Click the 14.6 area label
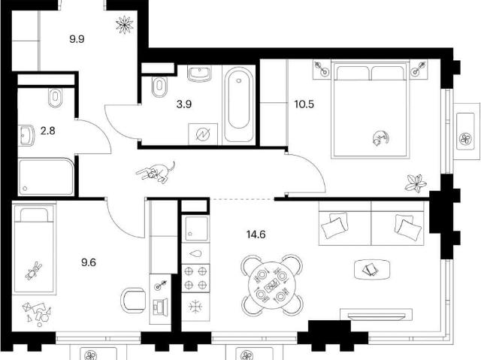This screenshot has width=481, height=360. tap(256, 235)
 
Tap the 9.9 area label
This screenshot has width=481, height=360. tap(77, 39)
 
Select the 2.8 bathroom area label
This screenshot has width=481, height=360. tap(48, 131)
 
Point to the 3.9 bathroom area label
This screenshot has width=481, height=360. tap(184, 104)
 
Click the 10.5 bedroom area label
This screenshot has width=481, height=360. tap(304, 104)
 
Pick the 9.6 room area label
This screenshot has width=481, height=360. tap(89, 262)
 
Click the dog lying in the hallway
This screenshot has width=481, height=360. tap(156, 172)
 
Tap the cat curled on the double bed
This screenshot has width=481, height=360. tap(380, 138)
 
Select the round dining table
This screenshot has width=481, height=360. tap(271, 285)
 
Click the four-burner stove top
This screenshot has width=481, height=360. tap(195, 278)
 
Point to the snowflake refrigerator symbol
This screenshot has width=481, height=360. tap(195, 307)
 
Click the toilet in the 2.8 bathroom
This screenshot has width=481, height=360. tap(55, 98)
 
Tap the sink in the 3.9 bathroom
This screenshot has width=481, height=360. tap(200, 74)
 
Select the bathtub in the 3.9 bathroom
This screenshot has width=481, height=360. tap(239, 104)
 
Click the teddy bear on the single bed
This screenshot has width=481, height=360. tap(34, 271)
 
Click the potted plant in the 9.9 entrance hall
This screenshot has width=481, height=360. tap(125, 25)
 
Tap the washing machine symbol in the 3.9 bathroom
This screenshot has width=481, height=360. tap(203, 134)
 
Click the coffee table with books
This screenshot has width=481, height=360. tap(372, 270)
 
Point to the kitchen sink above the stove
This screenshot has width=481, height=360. tap(195, 228)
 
